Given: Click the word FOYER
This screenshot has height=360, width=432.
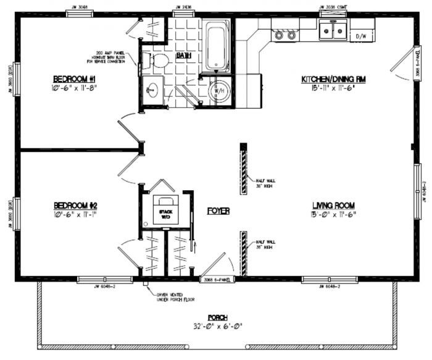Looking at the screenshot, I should [x=218, y=211].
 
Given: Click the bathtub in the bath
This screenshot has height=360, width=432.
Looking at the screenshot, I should [x=217, y=45].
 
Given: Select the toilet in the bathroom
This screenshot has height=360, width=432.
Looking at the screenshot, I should [x=159, y=61].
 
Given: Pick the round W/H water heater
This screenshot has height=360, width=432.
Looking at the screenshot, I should [x=220, y=91].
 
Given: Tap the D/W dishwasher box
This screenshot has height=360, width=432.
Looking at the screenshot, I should [x=361, y=36].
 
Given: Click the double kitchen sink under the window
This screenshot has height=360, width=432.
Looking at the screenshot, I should [x=333, y=30].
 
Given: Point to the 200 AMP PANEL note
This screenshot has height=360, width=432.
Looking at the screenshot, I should [x=115, y=57].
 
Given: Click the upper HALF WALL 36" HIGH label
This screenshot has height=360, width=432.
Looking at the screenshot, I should [x=265, y=183].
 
